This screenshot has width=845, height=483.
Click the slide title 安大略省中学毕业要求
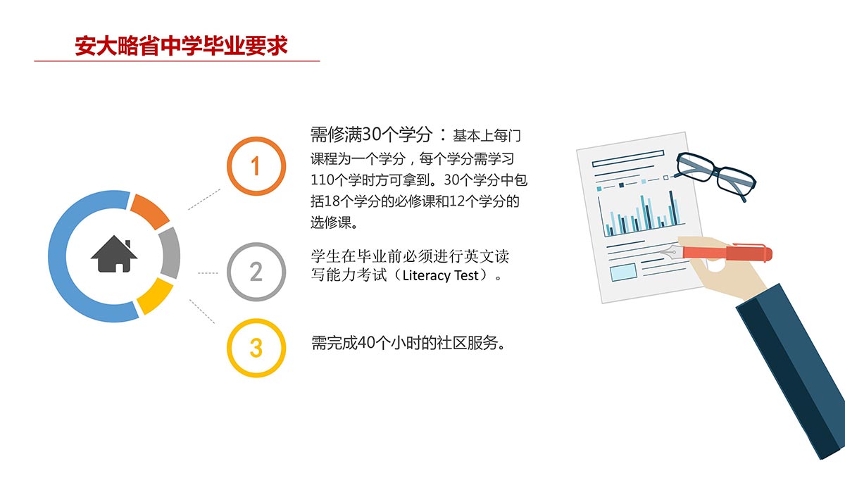point(181,46)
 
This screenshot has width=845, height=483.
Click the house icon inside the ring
point(114,254)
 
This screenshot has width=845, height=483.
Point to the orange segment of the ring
point(149,211)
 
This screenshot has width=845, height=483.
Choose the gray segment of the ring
point(170,253)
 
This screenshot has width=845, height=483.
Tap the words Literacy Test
point(441,275)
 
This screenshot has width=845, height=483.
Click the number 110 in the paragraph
point(321,180)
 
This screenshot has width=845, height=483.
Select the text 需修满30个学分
point(372,134)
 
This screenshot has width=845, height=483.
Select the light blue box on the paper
point(624,272)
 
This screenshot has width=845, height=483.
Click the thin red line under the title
point(177,61)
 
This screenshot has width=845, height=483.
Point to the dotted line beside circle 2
point(208,273)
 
